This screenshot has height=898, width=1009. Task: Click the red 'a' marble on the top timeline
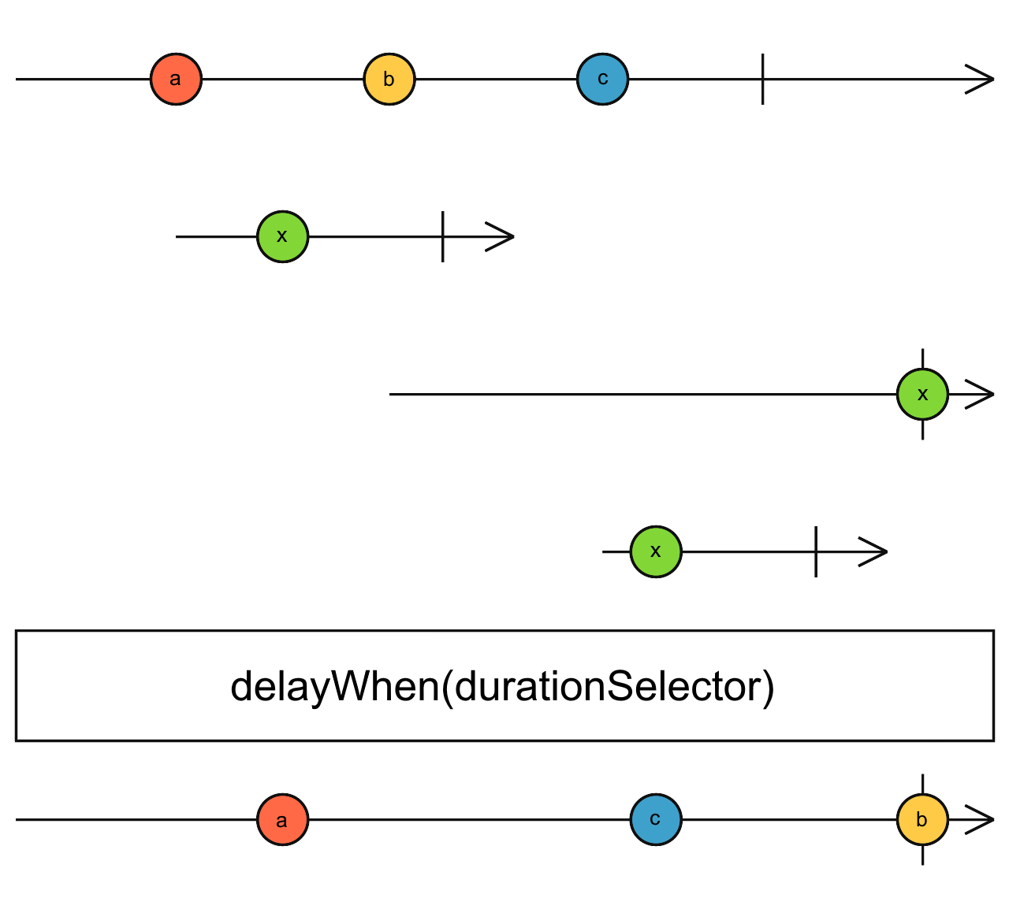pos(176,79)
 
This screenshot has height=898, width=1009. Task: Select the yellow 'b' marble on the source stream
pos(389,79)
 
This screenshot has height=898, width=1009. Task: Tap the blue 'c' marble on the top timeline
pos(602,79)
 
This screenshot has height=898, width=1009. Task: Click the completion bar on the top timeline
pos(762,79)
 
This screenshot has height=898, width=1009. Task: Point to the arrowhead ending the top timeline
pos(982,79)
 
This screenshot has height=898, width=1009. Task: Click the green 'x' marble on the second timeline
pos(282,236)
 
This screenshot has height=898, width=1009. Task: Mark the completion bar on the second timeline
pos(443,236)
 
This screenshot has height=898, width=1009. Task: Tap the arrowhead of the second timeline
pos(502,236)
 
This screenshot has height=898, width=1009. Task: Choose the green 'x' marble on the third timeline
pos(922,394)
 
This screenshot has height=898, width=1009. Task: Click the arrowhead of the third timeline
pos(982,394)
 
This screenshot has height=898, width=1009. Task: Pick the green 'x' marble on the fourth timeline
pos(656,551)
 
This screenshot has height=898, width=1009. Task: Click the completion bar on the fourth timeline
pos(816,551)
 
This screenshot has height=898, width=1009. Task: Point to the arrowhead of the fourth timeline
pos(876,551)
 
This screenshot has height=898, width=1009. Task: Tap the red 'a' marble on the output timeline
pos(282,819)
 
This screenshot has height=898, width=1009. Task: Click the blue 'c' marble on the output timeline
pos(656,819)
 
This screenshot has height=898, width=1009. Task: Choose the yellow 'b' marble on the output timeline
pos(922,819)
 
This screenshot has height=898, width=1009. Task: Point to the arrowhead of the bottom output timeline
pos(982,819)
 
